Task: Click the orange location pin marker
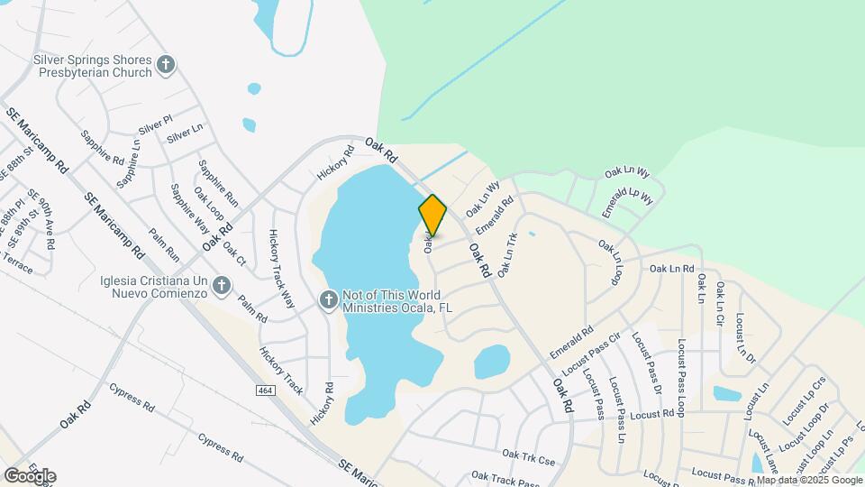(432, 215)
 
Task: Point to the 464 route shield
(265, 389)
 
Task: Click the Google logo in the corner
(30, 475)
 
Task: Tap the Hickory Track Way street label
(281, 269)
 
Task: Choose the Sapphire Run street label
(218, 183)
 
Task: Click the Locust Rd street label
(652, 415)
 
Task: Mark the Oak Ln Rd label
(671, 268)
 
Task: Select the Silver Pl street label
(156, 125)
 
